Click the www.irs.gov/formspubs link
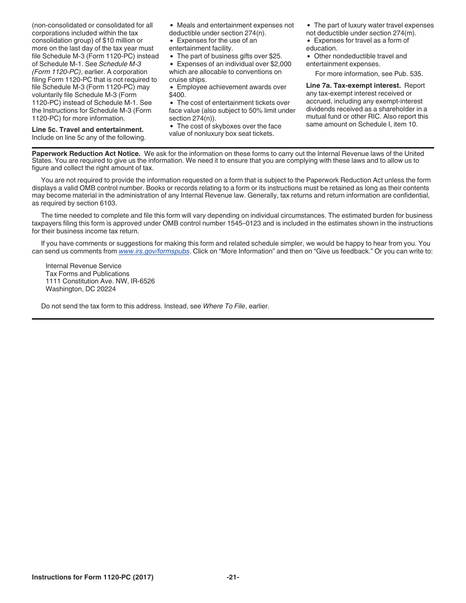[154, 251]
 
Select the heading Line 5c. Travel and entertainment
[88, 130]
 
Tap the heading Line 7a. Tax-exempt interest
[353, 86]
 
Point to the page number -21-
[233, 578]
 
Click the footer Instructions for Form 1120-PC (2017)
[93, 578]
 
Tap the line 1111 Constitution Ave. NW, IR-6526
[100, 281]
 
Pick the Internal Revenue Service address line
[83, 266]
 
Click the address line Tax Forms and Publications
[87, 274]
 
